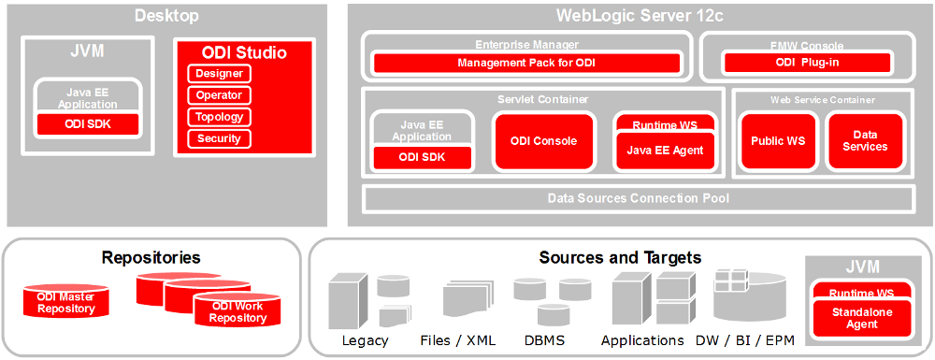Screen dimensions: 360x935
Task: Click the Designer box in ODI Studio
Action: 220,74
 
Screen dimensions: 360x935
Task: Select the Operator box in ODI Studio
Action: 220,95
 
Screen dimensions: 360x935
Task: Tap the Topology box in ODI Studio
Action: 220,117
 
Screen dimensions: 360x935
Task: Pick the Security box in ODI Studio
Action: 220,138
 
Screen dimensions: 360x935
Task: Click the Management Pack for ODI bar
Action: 526,64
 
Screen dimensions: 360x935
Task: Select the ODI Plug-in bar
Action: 806,64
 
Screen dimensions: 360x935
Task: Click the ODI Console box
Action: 543,141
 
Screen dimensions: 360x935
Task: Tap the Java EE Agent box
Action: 664,150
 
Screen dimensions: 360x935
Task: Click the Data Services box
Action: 865,141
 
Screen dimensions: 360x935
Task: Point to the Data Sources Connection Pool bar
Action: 639,198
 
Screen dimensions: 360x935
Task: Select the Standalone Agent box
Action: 856,318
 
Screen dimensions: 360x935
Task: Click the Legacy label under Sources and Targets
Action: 365,340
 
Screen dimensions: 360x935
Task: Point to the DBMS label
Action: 542,340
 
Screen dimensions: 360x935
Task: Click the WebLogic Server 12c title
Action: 640,15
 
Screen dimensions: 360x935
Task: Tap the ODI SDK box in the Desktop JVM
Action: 88,123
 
